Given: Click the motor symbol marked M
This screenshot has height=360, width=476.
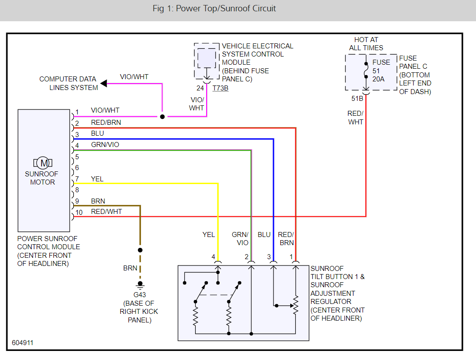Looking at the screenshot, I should click(x=43, y=162).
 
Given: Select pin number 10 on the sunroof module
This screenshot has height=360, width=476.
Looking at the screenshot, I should click(x=79, y=212).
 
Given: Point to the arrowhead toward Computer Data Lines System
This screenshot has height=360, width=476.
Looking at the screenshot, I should click(x=104, y=83).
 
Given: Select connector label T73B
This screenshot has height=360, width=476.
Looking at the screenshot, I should click(x=220, y=88).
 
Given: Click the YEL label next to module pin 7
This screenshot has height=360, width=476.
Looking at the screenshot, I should click(x=97, y=179).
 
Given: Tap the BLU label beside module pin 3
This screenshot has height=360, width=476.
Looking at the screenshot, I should click(x=97, y=134).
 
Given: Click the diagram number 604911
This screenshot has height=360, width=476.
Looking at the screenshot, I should click(x=23, y=343).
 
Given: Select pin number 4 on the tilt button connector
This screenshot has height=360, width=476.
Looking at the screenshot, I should click(x=213, y=257).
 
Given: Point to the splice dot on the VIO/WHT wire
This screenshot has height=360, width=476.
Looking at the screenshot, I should click(x=162, y=117).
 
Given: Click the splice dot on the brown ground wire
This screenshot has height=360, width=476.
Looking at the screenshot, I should click(x=140, y=250).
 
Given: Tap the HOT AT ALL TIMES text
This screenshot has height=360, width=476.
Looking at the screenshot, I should click(x=366, y=44).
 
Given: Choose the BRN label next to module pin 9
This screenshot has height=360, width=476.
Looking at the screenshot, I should click(x=98, y=201).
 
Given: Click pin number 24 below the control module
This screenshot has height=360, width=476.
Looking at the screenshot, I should click(x=200, y=88).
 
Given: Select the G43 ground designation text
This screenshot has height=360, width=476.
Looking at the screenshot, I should click(x=139, y=294).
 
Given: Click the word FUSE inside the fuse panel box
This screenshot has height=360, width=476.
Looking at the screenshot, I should click(x=381, y=62).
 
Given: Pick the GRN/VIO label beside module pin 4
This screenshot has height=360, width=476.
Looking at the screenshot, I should click(x=105, y=145).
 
